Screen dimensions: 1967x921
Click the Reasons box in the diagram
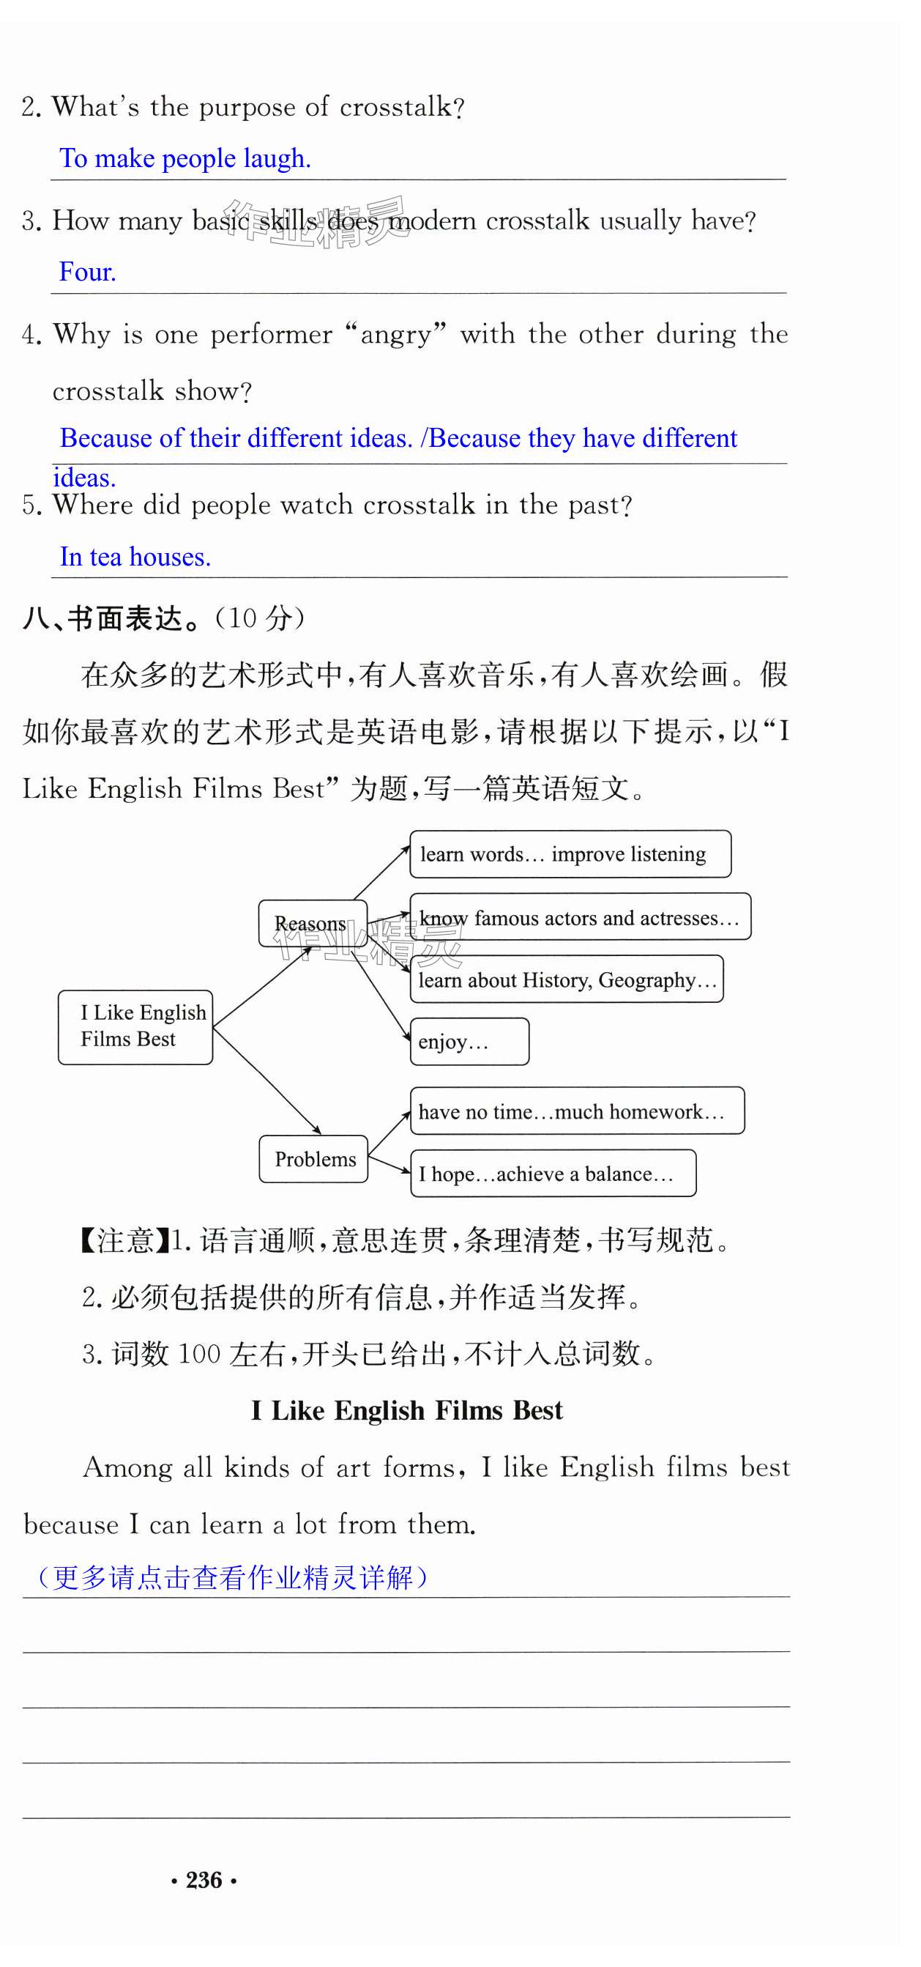[312, 923]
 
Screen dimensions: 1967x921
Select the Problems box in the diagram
[313, 1158]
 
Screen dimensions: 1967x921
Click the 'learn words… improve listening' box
[570, 853]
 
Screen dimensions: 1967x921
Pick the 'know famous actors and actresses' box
[580, 916]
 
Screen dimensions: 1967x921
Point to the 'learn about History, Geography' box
[566, 979]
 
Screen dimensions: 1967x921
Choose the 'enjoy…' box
[469, 1042]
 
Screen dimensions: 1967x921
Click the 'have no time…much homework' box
[577, 1111]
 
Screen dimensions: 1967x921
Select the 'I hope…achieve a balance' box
[553, 1173]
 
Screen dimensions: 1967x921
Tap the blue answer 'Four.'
[88, 272]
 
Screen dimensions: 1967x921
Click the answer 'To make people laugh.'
[185, 158]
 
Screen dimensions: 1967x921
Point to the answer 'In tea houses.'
[135, 557]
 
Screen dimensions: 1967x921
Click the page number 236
[204, 1879]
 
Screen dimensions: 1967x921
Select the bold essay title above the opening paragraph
[407, 1410]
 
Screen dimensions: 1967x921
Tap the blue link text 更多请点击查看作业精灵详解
[233, 1577]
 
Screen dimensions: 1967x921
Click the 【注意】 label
[124, 1240]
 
